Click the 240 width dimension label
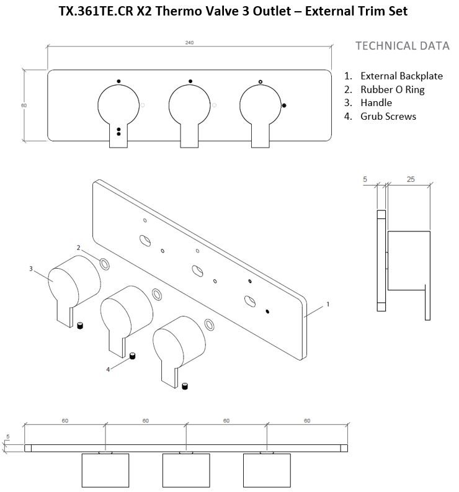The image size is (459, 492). point(189,43)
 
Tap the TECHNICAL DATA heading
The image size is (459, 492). point(402,46)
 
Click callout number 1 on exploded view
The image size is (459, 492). point(328,304)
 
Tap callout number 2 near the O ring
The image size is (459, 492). point(78,248)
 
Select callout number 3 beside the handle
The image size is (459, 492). point(31,269)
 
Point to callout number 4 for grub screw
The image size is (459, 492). point(108,370)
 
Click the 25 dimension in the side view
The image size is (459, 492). point(411,179)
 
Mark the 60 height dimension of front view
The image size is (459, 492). point(24,105)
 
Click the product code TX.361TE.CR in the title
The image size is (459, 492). point(94,11)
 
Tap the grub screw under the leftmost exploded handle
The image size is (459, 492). point(80,325)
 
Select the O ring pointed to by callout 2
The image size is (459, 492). point(105,264)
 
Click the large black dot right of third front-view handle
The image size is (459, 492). point(284,105)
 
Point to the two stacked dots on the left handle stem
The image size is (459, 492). point(118,132)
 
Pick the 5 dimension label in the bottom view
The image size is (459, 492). point(8,436)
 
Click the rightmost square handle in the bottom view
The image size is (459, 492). point(267,470)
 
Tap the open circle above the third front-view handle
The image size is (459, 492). point(261,82)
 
